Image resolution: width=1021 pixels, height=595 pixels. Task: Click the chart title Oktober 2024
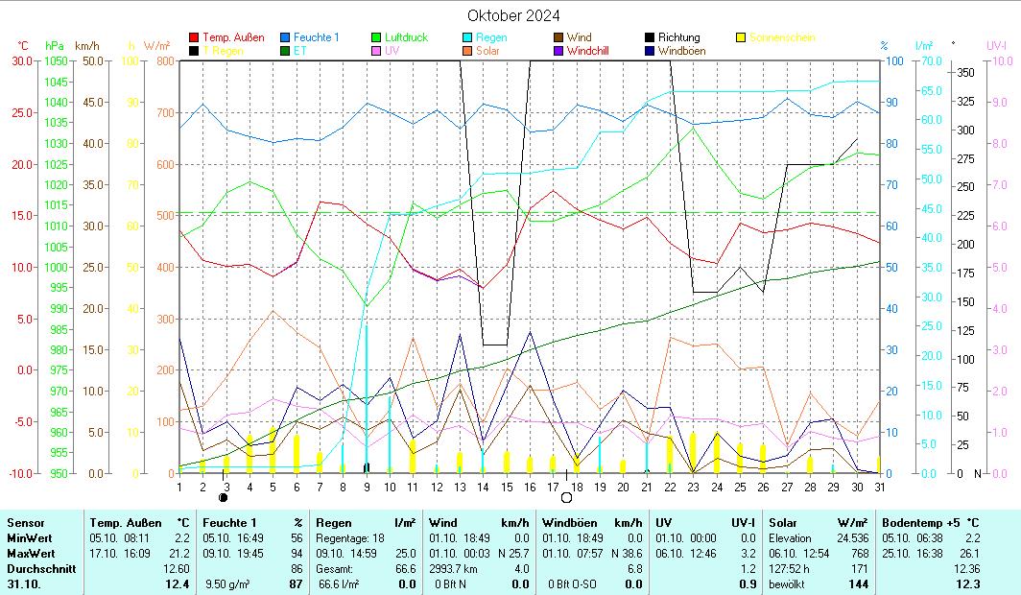tap(513, 15)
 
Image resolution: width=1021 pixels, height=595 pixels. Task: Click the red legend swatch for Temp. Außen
tap(195, 37)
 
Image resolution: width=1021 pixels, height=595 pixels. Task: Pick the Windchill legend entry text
tap(593, 51)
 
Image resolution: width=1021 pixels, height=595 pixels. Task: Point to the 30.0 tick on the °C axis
tap(20, 60)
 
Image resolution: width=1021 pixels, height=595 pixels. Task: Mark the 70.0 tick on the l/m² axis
tap(929, 60)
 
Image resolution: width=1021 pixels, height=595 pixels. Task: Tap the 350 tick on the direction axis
tap(966, 73)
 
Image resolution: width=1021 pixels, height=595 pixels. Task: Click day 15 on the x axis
tap(505, 487)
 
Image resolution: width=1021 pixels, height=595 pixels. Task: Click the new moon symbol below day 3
tap(225, 498)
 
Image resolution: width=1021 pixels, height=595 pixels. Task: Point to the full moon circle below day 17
tap(566, 498)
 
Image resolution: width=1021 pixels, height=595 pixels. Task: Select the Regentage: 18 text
tap(348, 538)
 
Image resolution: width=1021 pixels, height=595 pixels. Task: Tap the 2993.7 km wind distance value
tap(458, 569)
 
